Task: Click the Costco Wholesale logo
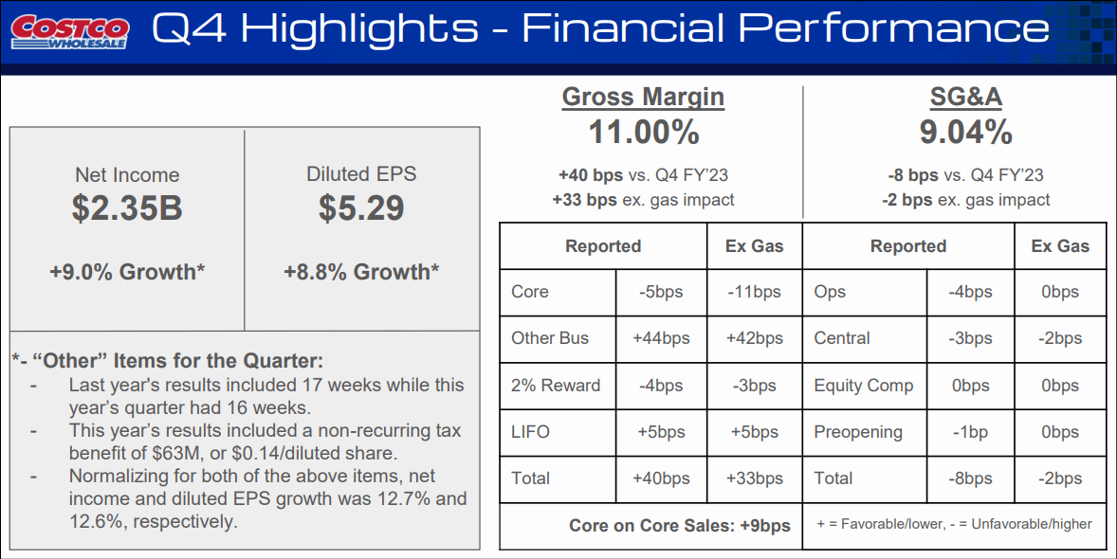pos(69,31)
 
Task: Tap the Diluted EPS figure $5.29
pos(361,208)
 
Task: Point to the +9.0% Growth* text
pos(127,272)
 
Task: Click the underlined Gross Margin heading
pos(643,97)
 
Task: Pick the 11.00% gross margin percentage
pos(643,133)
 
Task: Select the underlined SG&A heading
pos(965,97)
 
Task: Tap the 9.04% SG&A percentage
pos(965,133)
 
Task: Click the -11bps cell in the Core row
pos(755,292)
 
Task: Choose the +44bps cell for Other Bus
pos(661,338)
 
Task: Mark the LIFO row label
pos(530,432)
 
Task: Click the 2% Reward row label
pos(556,386)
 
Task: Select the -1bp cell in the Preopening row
pos(970,432)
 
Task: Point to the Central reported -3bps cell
pos(970,338)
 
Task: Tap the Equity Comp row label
pos(864,386)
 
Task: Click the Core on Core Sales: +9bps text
pos(680,526)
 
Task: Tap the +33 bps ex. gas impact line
pos(643,200)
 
